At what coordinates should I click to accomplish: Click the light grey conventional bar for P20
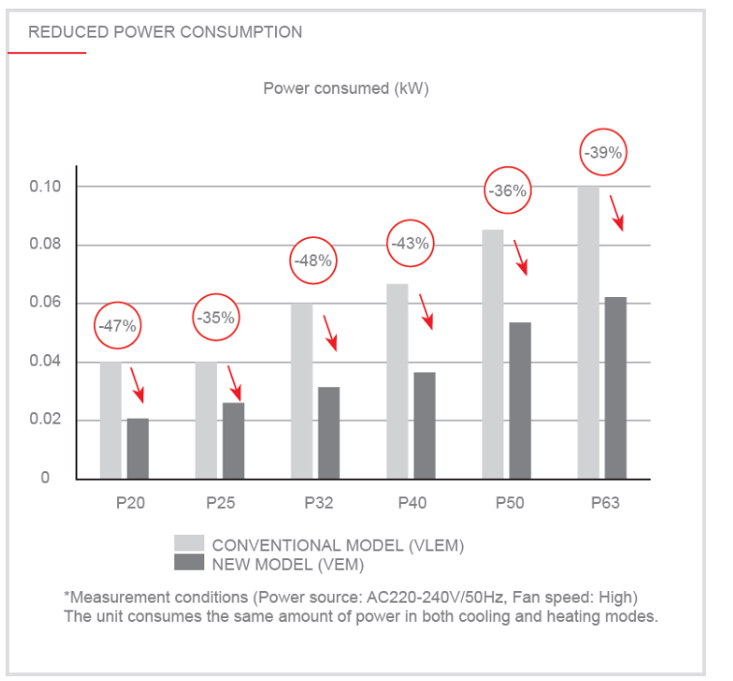coord(110,420)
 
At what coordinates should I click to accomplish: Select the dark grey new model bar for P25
coord(233,440)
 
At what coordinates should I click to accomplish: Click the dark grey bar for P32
coord(328,432)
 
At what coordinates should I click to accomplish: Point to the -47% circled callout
coord(118,326)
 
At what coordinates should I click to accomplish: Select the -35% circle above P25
coord(215,317)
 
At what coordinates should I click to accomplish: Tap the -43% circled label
coord(410,244)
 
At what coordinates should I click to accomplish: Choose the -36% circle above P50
coord(507,191)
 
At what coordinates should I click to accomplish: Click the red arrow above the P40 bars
coord(425,311)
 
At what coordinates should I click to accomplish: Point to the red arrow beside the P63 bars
coord(616,210)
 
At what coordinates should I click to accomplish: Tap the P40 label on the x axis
coord(413,503)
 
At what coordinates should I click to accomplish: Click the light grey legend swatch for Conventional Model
coord(189,543)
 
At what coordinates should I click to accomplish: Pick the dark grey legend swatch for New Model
coord(189,562)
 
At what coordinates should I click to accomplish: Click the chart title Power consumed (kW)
coord(346,88)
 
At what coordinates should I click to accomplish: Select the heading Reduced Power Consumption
coord(165,32)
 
